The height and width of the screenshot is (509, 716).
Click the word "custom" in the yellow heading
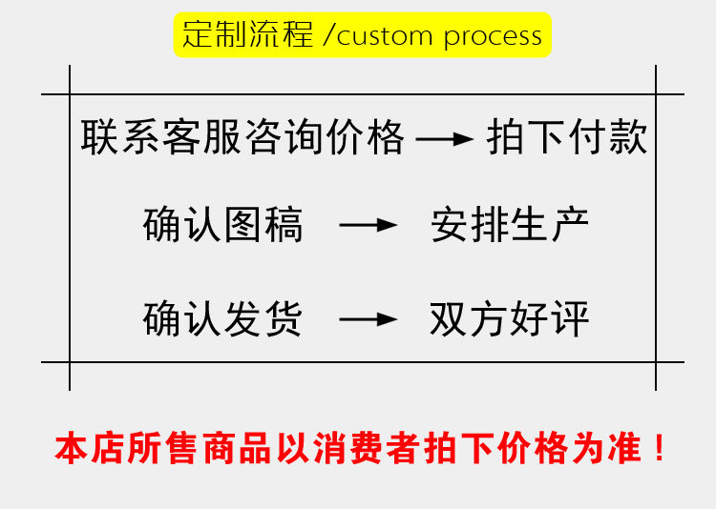tap(386, 36)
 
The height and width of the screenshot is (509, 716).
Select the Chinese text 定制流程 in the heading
tap(248, 35)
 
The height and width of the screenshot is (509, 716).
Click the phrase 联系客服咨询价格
tap(243, 139)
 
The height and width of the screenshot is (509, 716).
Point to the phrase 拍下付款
tap(567, 139)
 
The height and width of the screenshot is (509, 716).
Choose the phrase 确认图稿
tap(223, 226)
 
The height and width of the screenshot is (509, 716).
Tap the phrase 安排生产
tap(510, 226)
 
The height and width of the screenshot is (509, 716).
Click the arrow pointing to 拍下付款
tap(446, 140)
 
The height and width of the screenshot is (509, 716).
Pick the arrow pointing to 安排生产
tap(369, 227)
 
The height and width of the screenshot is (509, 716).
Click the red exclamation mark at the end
tap(659, 447)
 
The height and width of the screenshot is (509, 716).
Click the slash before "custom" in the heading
tap(329, 36)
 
